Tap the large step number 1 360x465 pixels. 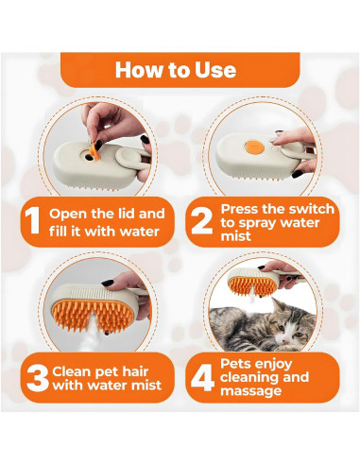32,220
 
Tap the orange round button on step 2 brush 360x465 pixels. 253,147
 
